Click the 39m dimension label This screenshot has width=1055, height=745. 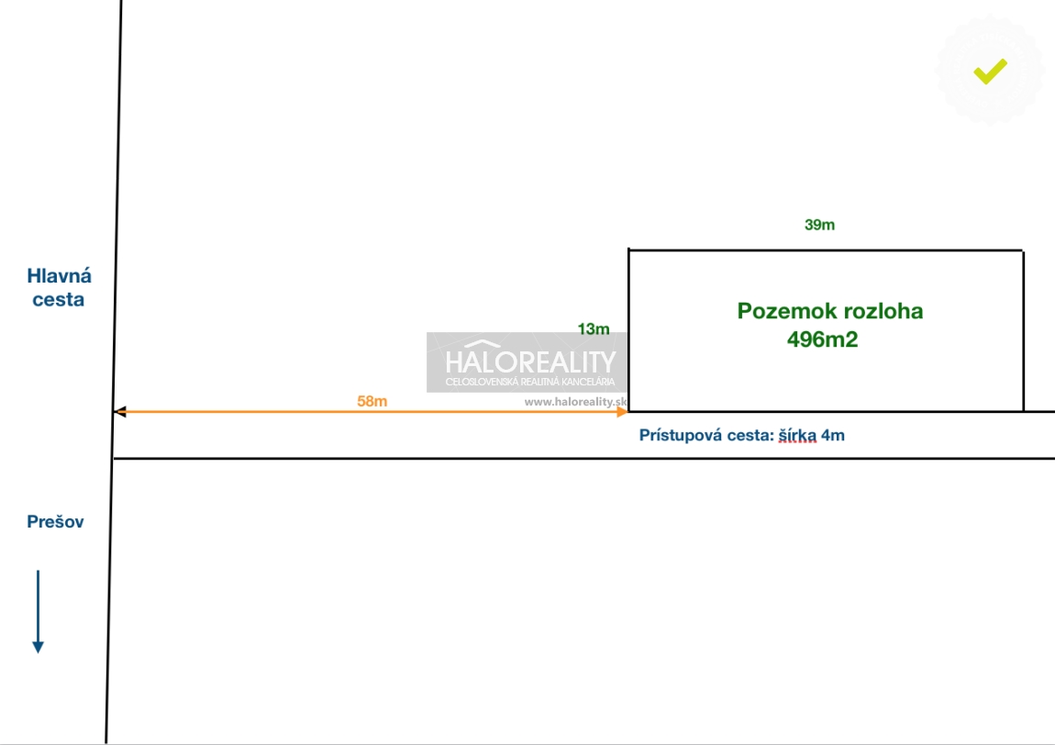[819, 225]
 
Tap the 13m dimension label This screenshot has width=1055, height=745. [594, 329]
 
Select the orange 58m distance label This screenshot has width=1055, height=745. [372, 401]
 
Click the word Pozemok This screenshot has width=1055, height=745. [779, 311]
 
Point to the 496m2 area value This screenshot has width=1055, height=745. [822, 339]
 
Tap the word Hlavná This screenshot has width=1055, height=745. [60, 275]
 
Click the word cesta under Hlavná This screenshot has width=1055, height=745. [59, 299]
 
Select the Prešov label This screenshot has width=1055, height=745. [55, 521]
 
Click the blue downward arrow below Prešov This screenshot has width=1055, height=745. [39, 612]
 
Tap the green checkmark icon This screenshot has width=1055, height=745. [991, 71]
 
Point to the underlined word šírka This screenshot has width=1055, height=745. [797, 436]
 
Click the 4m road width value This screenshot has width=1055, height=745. [833, 436]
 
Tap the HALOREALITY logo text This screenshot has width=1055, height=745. [530, 362]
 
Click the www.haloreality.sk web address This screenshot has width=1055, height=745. [576, 402]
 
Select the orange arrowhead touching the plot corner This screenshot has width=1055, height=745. [622, 411]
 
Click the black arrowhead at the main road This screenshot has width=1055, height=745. [120, 411]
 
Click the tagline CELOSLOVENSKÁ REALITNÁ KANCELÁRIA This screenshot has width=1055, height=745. [530, 382]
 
